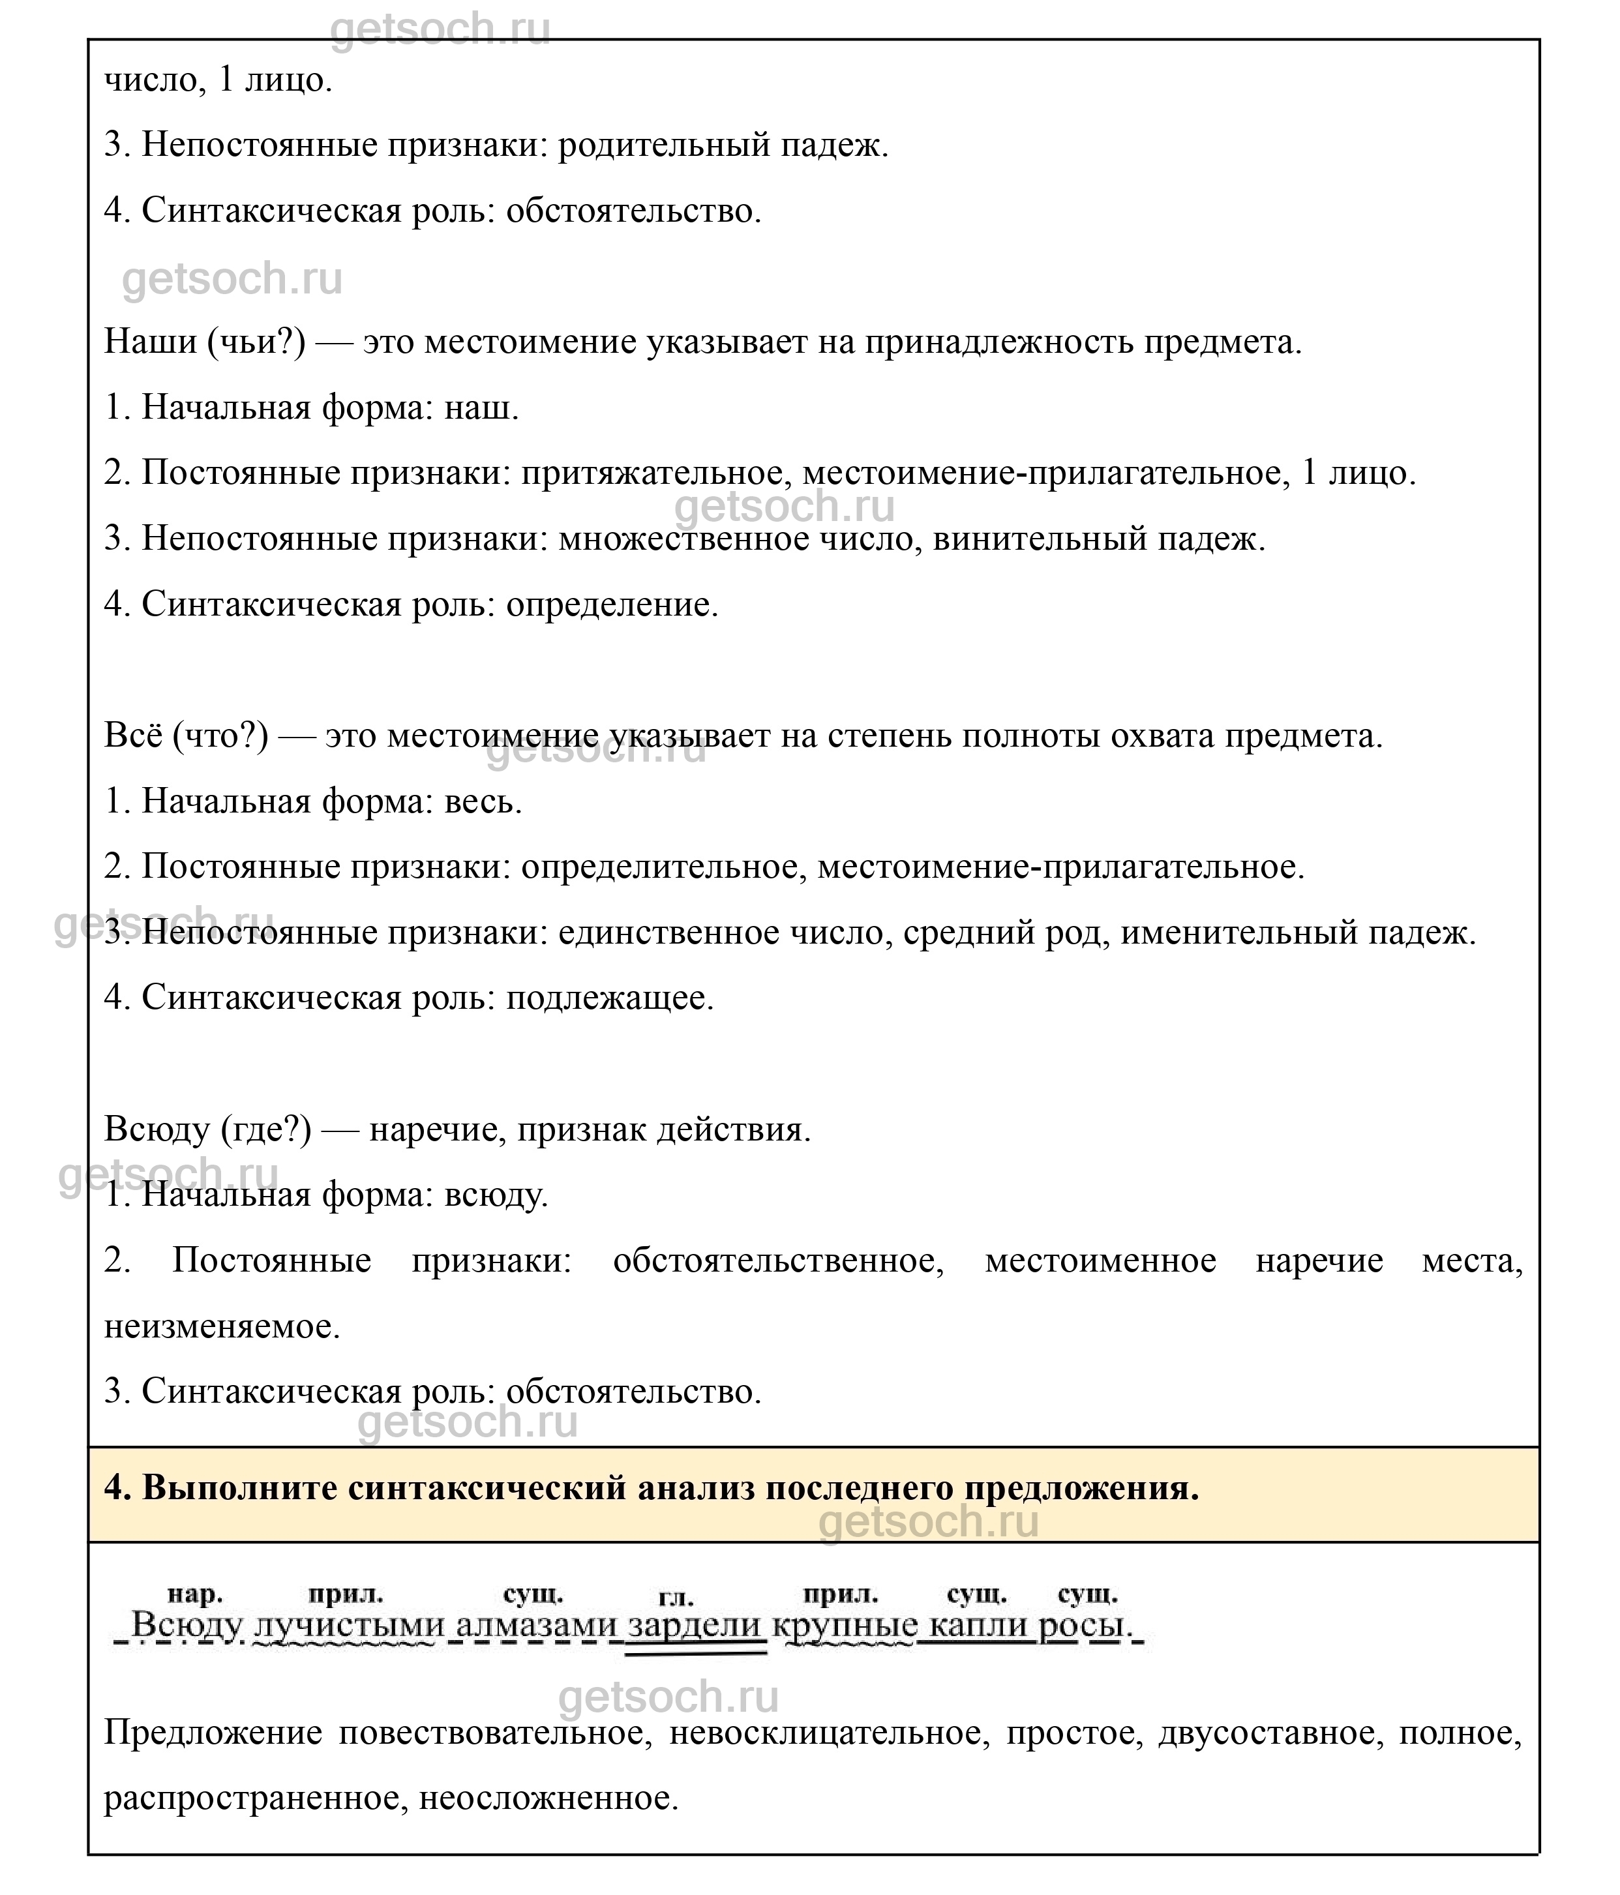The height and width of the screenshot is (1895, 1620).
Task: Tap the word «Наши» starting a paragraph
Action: (x=150, y=342)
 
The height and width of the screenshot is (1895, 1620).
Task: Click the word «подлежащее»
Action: (x=609, y=998)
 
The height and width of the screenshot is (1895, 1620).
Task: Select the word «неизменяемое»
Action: (x=221, y=1326)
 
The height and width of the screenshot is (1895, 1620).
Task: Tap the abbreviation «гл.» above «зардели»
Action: (x=676, y=1598)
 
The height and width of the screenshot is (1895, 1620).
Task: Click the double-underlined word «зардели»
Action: (x=695, y=1625)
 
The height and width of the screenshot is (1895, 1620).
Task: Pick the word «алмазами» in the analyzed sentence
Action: (x=537, y=1625)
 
